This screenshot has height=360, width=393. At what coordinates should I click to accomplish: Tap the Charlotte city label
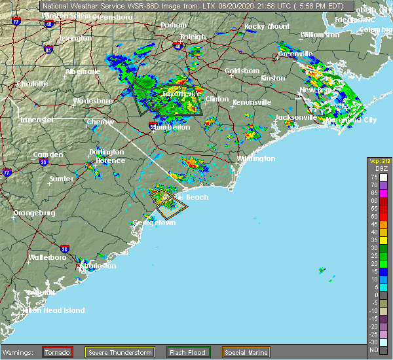click(32, 84)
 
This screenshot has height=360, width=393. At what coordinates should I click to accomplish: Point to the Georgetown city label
click(155, 223)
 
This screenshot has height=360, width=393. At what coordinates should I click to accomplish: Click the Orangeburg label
click(35, 213)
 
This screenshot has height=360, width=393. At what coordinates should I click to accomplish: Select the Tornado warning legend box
click(58, 352)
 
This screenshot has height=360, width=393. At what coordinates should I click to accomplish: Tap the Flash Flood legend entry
click(188, 352)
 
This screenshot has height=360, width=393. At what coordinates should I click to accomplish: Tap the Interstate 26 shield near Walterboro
click(64, 249)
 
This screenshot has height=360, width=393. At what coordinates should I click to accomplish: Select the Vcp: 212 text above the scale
click(377, 161)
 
